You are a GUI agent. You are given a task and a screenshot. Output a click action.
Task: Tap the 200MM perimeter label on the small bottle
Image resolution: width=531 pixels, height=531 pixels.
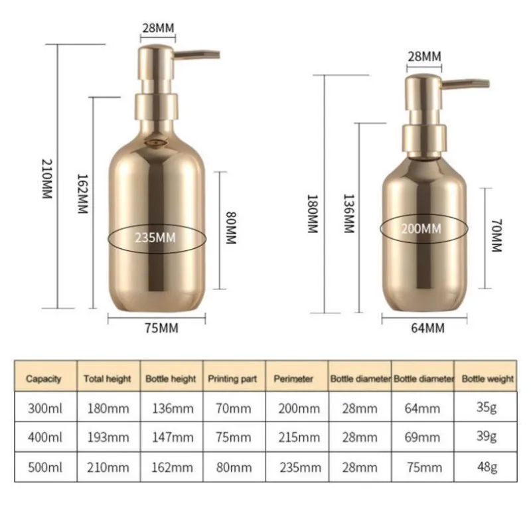[421, 229]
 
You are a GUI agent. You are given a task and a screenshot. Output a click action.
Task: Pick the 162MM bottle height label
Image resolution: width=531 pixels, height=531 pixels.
[82, 193]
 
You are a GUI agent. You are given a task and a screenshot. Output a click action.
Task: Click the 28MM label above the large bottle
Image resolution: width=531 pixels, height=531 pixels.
[157, 28]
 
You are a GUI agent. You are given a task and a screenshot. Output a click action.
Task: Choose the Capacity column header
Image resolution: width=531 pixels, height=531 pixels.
[44, 379]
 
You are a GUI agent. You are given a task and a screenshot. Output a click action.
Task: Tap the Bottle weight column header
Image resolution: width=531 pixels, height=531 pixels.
[488, 379]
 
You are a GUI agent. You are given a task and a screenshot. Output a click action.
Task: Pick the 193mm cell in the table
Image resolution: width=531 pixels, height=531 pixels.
[107, 437]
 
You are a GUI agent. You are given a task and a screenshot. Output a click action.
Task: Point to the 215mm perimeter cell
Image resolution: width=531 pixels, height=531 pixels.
[296, 437]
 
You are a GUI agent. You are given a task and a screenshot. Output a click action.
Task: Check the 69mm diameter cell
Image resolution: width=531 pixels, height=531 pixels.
[422, 437]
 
